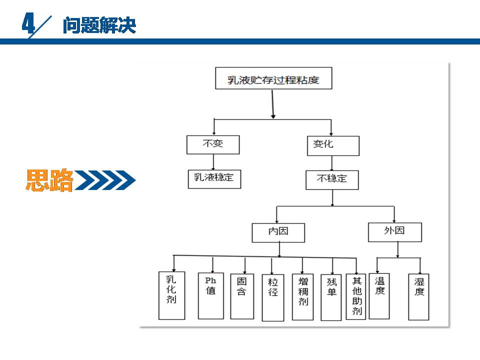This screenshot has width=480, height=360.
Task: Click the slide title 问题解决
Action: (x=99, y=25)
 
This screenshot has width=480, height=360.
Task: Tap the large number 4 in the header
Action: (x=29, y=24)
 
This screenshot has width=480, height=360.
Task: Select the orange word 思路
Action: (x=49, y=180)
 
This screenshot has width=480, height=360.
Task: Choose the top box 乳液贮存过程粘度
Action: (x=273, y=78)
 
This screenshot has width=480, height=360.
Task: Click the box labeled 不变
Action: (x=213, y=144)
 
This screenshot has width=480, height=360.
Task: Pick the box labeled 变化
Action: (x=332, y=145)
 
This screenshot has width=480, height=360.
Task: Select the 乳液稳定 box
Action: (x=214, y=178)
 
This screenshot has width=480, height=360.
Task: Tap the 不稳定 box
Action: (x=332, y=179)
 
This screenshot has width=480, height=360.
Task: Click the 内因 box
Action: (x=278, y=232)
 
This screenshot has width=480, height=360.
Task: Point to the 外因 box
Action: (x=394, y=231)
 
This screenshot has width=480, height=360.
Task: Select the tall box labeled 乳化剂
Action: (x=171, y=295)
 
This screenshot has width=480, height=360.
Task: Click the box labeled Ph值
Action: (x=210, y=295)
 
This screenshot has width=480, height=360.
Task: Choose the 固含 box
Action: (x=242, y=295)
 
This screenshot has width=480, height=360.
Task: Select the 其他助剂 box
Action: (x=357, y=295)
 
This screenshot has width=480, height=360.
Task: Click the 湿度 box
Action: (x=418, y=297)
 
